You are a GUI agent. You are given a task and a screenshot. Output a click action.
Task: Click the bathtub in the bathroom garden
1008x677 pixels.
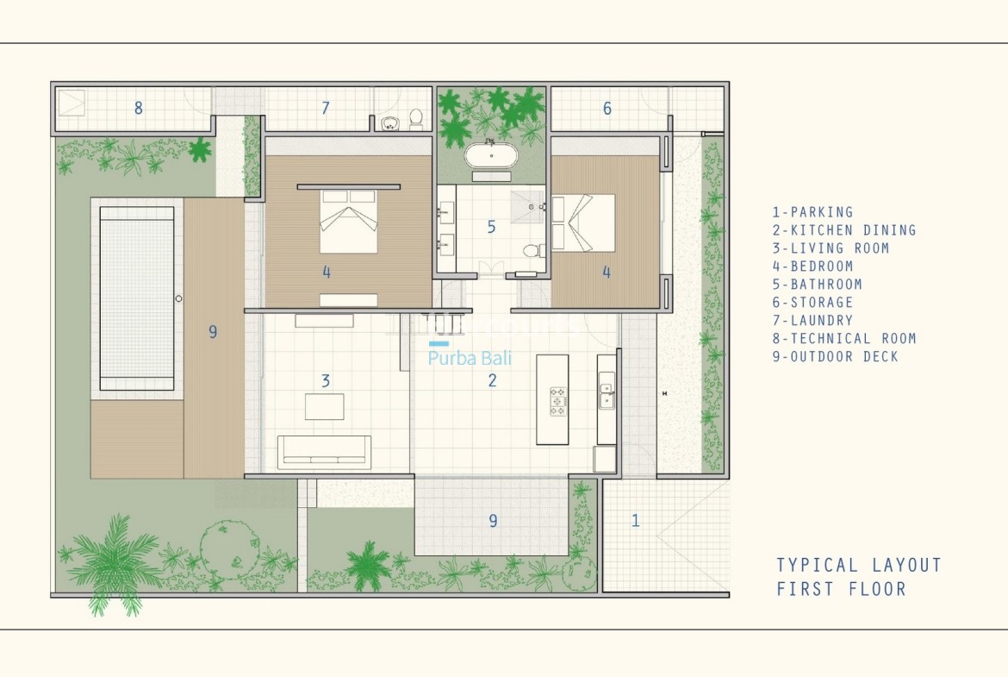click(491, 155)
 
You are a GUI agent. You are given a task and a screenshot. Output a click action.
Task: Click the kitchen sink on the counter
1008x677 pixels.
click(606, 396)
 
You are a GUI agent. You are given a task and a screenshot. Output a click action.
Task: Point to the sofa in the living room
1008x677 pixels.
click(324, 449)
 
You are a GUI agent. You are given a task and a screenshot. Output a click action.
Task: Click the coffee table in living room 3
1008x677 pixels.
click(324, 407)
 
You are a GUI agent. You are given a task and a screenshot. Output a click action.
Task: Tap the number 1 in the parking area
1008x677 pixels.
click(635, 520)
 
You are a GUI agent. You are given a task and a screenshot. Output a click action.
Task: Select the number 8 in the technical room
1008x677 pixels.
click(138, 108)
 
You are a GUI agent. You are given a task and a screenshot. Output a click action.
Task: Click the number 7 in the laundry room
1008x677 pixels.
click(326, 108)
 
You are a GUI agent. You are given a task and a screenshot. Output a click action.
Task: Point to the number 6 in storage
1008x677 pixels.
click(607, 108)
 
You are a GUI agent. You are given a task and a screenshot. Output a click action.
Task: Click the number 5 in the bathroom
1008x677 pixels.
click(491, 227)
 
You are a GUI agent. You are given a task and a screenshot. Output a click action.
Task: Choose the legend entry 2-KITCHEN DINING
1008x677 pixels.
click(844, 230)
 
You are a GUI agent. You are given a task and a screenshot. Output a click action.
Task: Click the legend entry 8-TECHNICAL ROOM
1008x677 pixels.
click(844, 338)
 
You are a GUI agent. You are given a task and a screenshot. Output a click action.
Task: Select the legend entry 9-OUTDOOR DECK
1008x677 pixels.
click(835, 356)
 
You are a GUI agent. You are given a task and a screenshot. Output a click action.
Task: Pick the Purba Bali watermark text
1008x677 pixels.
click(470, 358)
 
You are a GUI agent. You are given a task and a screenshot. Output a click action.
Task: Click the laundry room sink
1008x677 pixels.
click(389, 122)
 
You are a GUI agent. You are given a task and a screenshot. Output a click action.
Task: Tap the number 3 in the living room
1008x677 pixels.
click(326, 381)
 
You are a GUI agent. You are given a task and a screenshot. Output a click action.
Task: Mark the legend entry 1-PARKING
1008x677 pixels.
click(812, 212)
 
